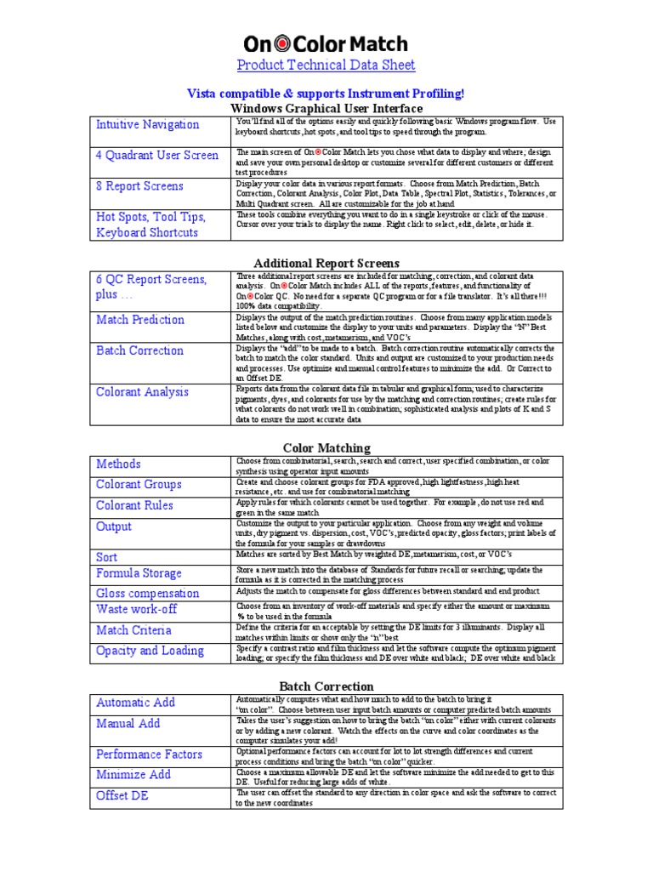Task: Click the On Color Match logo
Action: [326, 43]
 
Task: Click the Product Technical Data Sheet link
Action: [326, 65]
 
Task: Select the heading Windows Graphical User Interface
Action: [326, 109]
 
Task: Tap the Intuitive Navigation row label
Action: [148, 125]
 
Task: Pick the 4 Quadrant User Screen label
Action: [157, 156]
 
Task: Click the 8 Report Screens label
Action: [139, 186]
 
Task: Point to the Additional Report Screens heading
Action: [326, 264]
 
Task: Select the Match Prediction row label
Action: [140, 320]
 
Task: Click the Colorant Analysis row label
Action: [143, 392]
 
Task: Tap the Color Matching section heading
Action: [326, 448]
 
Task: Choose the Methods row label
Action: [119, 464]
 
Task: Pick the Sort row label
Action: [107, 556]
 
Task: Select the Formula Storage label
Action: [139, 573]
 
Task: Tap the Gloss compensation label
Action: [148, 594]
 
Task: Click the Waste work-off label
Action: [138, 609]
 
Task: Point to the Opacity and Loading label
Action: [150, 651]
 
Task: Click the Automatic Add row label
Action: [136, 703]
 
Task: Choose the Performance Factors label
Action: [150, 754]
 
